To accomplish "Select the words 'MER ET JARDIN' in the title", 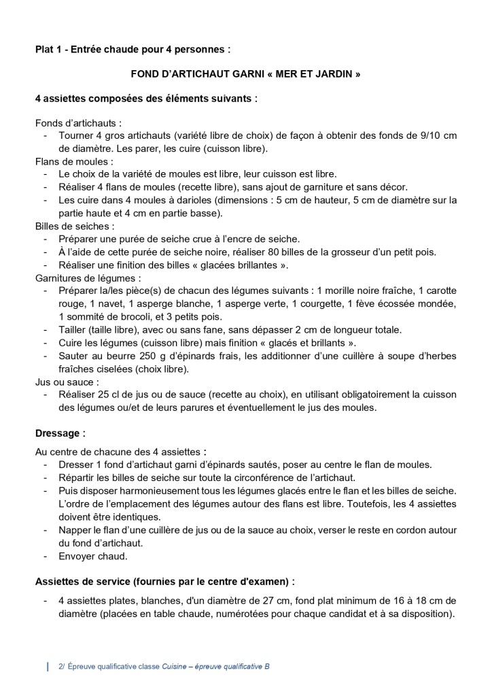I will click(x=319, y=73).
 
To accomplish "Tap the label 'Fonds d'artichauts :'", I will click(x=78, y=123).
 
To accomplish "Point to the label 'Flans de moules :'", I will click(x=74, y=161).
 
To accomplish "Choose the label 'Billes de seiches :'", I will click(x=75, y=225).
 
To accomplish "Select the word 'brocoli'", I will click(x=136, y=316).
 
